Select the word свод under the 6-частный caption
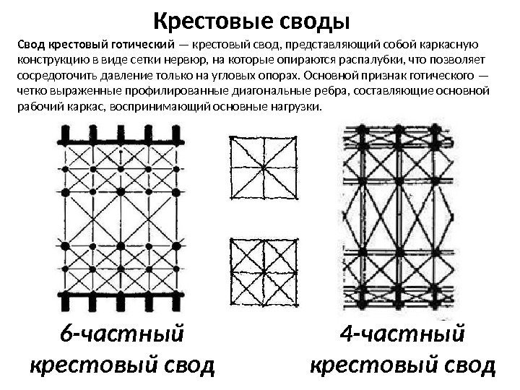(186, 365)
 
